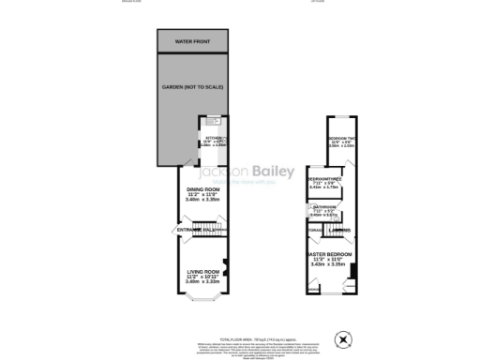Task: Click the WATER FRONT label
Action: coord(196,42)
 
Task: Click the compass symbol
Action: coord(345,338)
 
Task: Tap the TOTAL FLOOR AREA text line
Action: coord(247,338)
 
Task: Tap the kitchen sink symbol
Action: coord(212,122)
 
